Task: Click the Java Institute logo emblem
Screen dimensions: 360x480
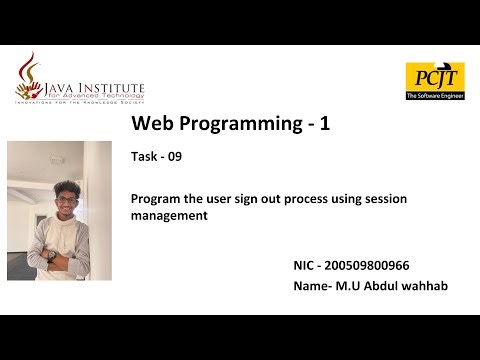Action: tap(31, 75)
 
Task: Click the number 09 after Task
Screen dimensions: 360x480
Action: tap(174, 157)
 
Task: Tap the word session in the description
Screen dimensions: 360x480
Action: tap(383, 198)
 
